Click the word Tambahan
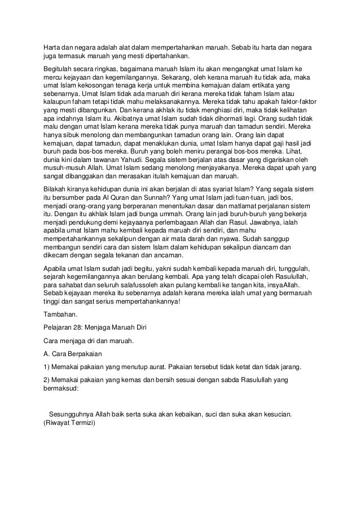61,313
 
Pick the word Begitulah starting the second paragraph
60,66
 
